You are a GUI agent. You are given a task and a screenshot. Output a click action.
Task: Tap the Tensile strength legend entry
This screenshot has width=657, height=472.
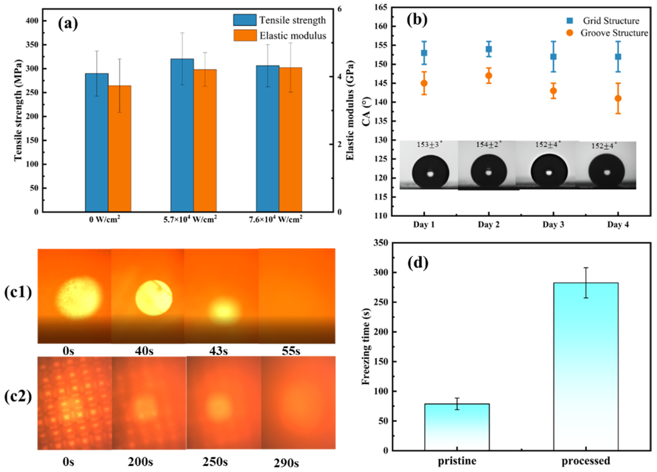tap(279, 20)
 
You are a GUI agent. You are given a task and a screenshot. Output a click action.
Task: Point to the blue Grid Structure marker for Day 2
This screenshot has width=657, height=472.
tap(489, 49)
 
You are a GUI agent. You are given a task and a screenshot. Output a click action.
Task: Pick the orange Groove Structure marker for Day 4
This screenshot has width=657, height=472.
tap(618, 98)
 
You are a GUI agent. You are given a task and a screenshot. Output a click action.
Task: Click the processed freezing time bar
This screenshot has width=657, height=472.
tap(586, 366)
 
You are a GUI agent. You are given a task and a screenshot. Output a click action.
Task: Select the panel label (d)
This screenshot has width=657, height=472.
tap(418, 263)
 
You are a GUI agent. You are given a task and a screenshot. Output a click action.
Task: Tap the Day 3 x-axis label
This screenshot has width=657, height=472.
tap(553, 225)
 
